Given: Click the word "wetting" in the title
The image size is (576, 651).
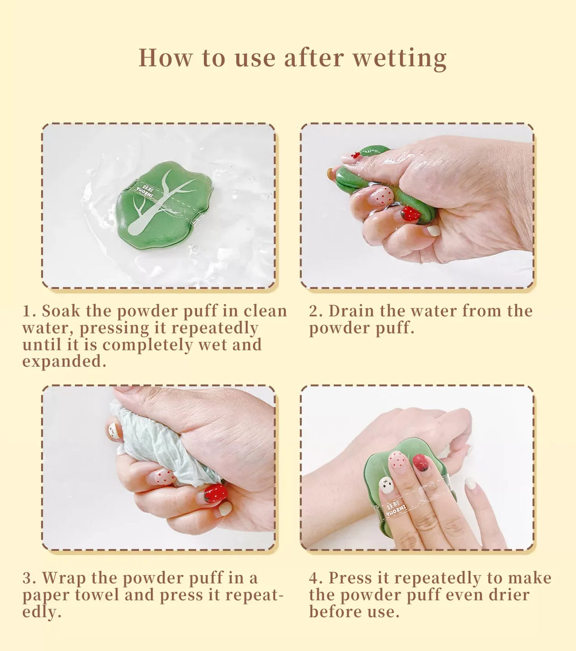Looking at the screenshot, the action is click(x=400, y=58).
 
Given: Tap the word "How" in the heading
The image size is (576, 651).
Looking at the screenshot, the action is click(x=165, y=58).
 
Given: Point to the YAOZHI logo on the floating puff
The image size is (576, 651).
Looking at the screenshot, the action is click(x=145, y=190).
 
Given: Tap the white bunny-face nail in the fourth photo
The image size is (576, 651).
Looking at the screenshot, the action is click(x=386, y=485).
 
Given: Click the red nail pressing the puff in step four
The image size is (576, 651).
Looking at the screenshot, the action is click(x=421, y=463).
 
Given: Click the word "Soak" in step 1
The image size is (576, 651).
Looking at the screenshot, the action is click(x=61, y=311).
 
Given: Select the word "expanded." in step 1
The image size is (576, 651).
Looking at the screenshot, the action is click(x=64, y=362).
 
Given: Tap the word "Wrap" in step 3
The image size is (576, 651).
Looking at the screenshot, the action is click(x=64, y=578).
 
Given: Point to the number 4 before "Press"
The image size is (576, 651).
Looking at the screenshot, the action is click(x=314, y=578).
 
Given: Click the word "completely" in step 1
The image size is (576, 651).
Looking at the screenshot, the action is click(x=147, y=345).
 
